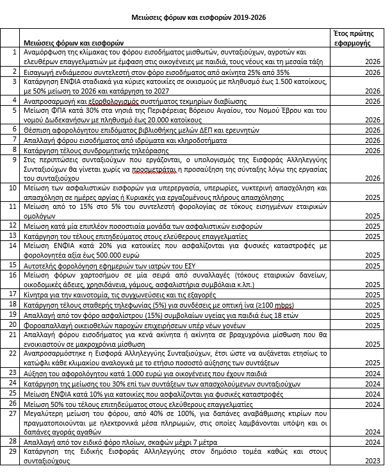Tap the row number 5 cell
(15, 110)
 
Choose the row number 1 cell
(15, 51)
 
